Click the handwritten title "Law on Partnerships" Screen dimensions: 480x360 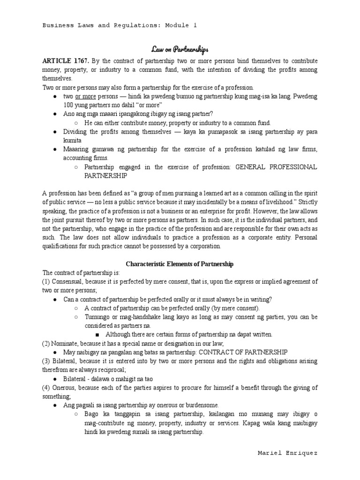[180, 49]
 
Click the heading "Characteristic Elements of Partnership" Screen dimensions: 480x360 [180, 264]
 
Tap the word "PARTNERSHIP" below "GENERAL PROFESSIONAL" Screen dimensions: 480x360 [106, 175]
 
